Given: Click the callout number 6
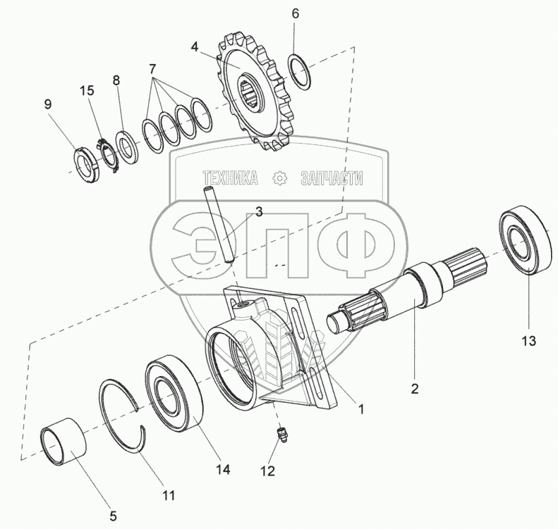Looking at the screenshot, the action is (295, 14).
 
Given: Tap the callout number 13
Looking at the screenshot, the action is (529, 341).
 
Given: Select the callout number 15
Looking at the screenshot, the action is (87, 90).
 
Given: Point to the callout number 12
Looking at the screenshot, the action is (267, 471).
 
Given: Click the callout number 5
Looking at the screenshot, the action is (113, 516).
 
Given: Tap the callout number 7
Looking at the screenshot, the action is (152, 68).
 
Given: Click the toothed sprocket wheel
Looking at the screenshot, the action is (256, 94).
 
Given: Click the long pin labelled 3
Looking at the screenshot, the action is (219, 224).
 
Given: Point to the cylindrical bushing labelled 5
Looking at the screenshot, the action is (64, 441).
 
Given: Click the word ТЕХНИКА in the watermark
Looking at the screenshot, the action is (230, 178).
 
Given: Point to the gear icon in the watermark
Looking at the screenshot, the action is (279, 178).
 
